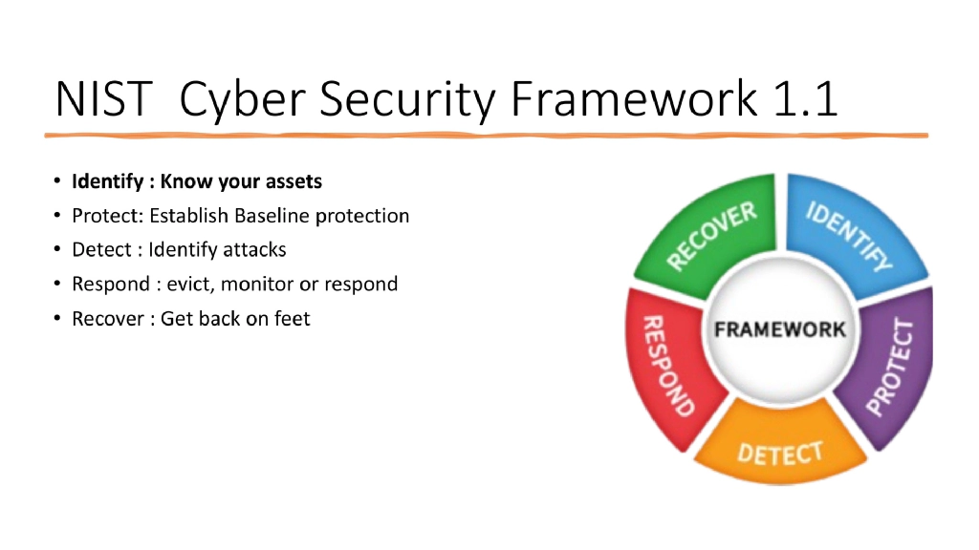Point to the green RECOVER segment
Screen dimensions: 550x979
[707, 239]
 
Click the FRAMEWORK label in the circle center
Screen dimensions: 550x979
[779, 329]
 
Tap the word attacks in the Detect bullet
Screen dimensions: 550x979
[254, 250]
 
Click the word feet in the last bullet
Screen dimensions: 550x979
[292, 319]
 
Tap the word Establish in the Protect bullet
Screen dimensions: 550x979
[185, 216]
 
